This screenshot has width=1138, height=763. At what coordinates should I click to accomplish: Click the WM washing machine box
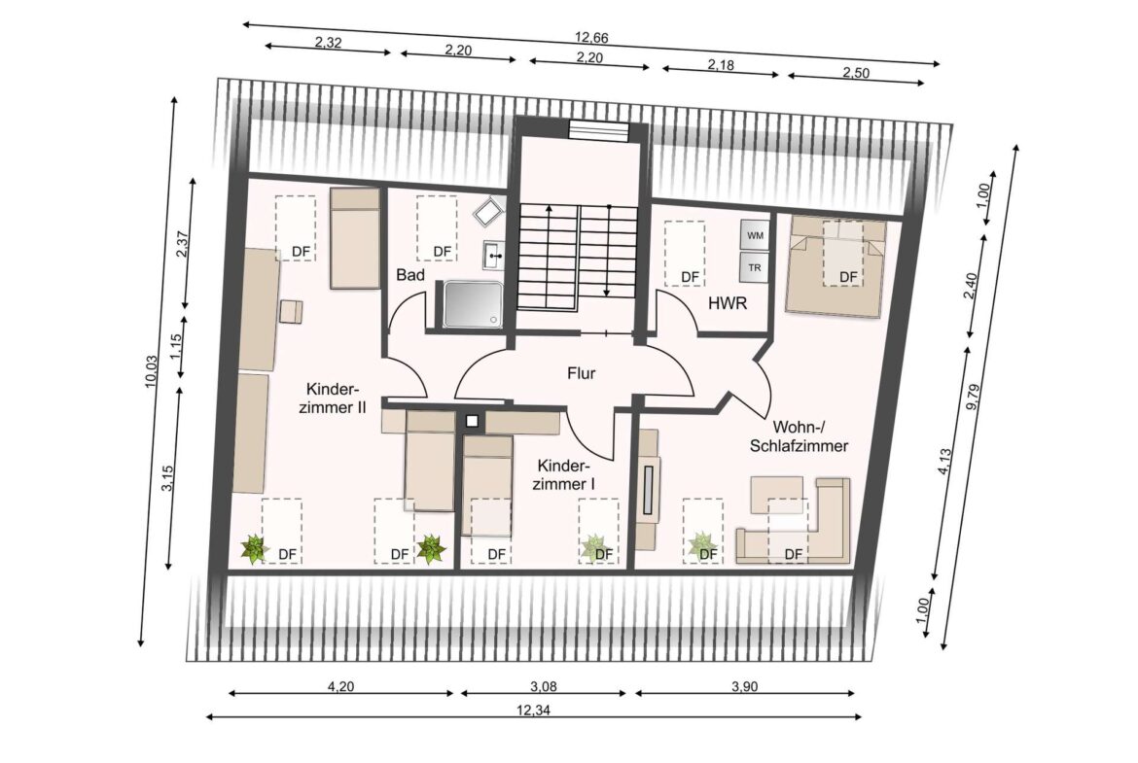point(755,235)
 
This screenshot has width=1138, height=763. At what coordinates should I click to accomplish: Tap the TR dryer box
point(755,267)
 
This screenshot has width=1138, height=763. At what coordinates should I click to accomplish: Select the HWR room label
point(728,304)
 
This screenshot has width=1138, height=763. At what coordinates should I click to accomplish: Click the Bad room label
point(410,275)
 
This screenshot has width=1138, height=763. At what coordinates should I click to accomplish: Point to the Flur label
point(582,373)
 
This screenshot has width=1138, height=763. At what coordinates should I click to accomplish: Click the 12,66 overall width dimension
point(590,37)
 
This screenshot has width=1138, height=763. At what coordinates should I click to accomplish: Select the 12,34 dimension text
point(533,711)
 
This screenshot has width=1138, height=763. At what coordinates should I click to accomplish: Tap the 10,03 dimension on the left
point(151,371)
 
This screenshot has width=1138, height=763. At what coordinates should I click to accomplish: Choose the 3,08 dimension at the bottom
point(544,686)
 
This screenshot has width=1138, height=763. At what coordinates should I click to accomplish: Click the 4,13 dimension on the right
point(944,462)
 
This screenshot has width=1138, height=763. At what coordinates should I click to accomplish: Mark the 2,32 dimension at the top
point(328,42)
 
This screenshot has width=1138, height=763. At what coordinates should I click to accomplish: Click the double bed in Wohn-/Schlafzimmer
point(836,266)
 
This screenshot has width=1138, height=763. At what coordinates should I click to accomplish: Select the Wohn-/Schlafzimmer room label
point(800,436)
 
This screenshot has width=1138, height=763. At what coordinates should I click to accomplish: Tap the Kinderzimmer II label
point(333,399)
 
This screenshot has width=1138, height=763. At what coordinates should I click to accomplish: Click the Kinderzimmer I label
point(564,474)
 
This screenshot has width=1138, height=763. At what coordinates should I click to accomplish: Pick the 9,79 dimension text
point(974,397)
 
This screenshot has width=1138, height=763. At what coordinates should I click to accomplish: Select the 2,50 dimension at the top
point(856,73)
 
